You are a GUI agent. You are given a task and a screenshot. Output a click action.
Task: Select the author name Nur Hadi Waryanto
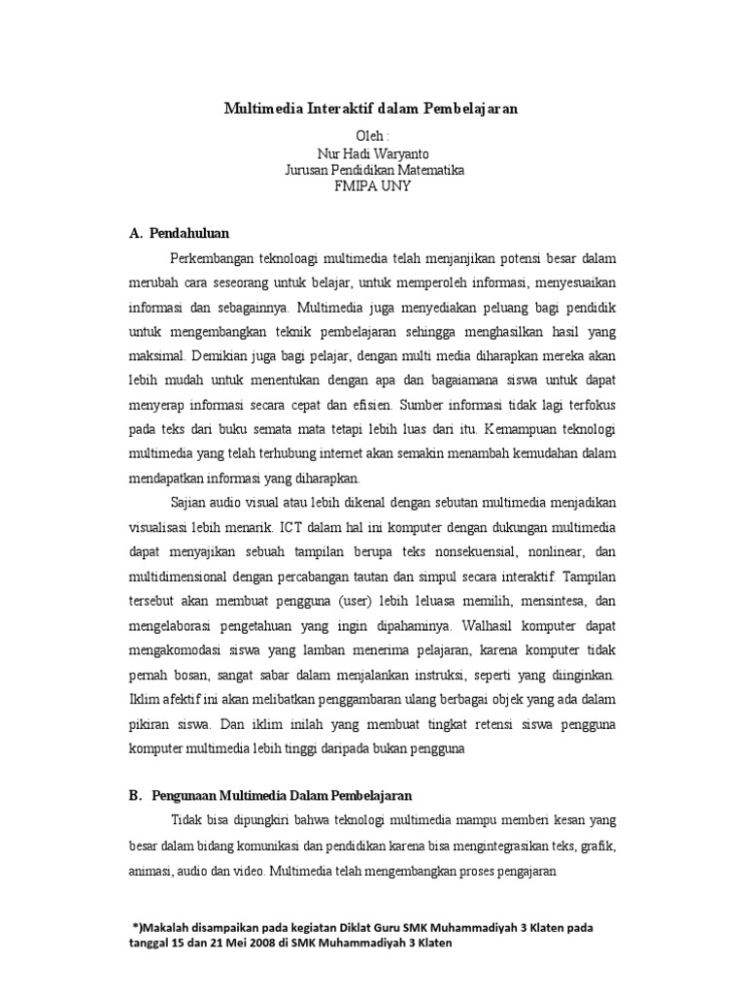tap(374, 153)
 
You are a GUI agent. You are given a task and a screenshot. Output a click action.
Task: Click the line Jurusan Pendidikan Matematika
tap(374, 170)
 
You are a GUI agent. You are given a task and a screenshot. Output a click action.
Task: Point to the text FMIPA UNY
tap(374, 186)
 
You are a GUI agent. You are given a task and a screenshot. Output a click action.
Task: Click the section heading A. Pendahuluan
tap(179, 233)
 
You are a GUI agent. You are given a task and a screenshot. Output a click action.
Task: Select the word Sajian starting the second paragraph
tap(189, 503)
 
